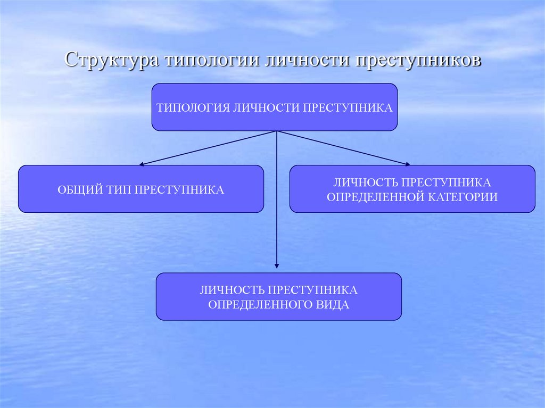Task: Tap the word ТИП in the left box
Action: click(118, 189)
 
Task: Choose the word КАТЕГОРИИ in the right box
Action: click(462, 197)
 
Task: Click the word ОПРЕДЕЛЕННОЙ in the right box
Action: click(375, 197)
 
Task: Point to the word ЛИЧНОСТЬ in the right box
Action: click(365, 183)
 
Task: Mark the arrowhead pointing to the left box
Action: click(142, 164)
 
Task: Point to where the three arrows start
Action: click(276, 131)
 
